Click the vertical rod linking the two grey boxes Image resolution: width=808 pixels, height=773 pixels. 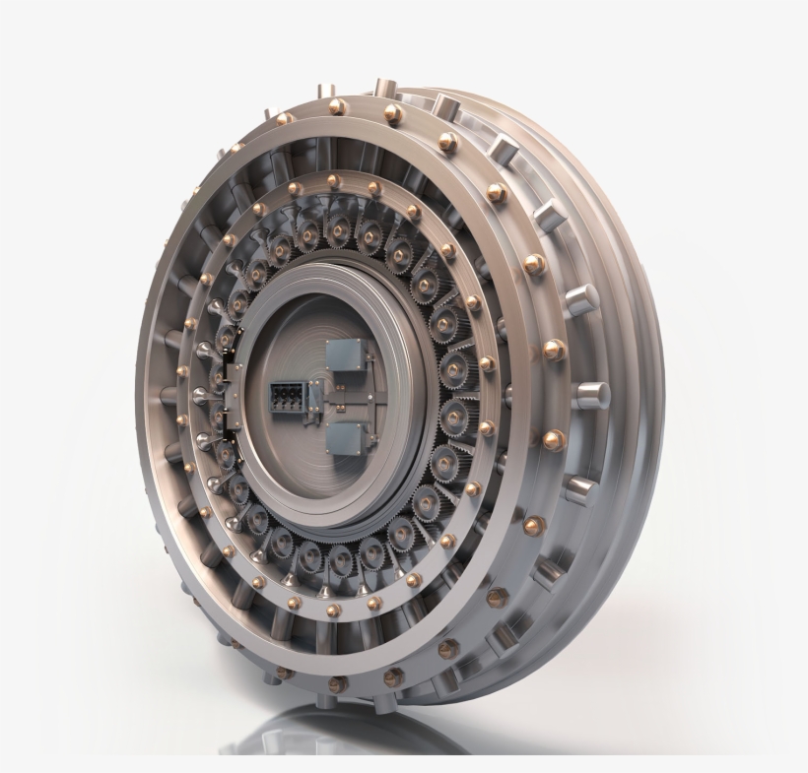pyautogui.click(x=340, y=400)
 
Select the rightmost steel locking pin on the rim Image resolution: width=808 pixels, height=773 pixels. pyautogui.click(x=594, y=394)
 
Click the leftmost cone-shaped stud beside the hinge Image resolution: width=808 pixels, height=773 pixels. pyautogui.click(x=201, y=394)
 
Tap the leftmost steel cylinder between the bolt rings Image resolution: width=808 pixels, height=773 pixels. pyautogui.click(x=172, y=394)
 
